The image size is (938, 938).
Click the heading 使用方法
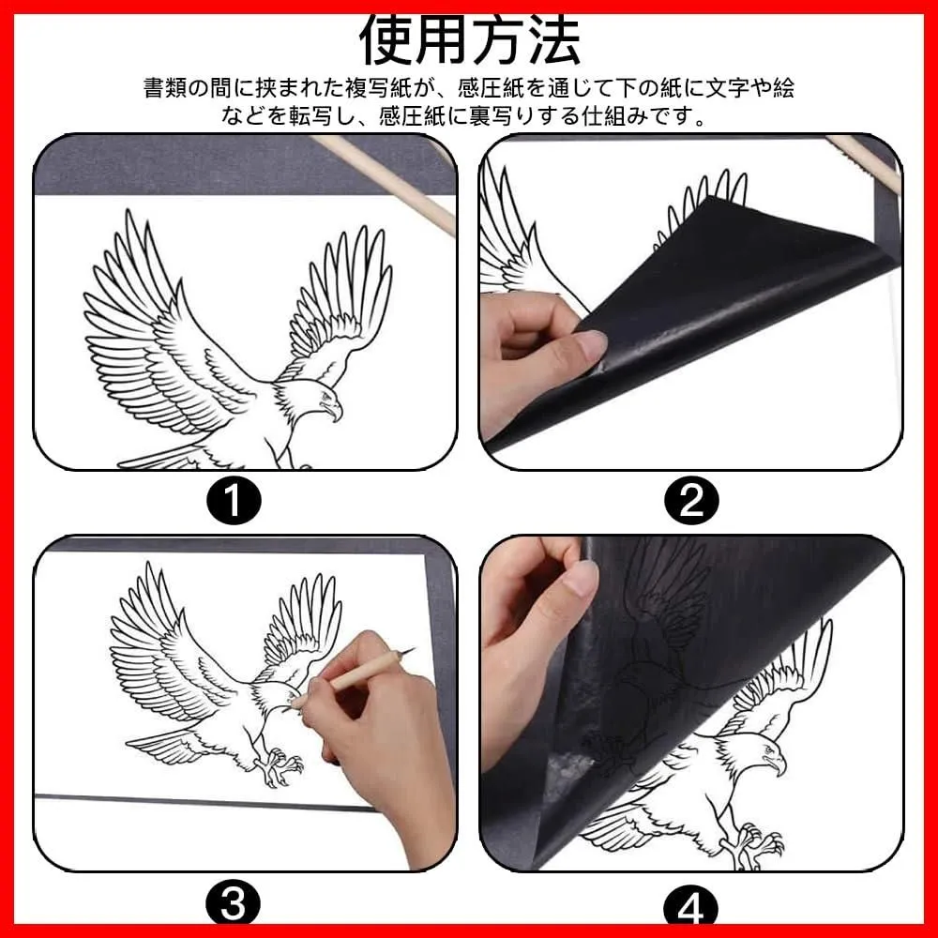tap(470, 40)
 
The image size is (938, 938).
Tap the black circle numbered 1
tap(234, 500)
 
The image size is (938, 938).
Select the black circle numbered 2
tap(691, 500)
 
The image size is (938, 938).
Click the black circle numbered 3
tap(234, 902)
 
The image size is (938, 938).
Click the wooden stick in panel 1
tap(385, 184)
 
